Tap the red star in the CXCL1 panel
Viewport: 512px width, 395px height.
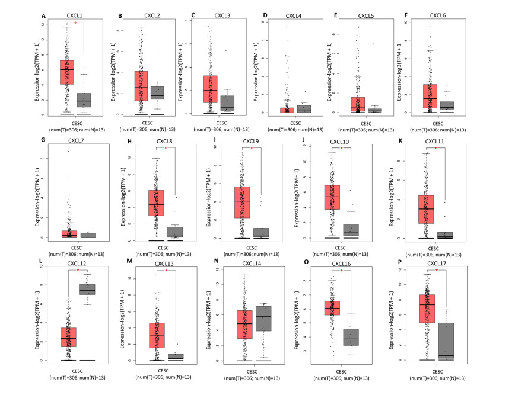pyautogui.click(x=75, y=24)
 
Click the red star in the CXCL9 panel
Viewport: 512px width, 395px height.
pyautogui.click(x=251, y=148)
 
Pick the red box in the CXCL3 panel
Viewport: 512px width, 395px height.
pyautogui.click(x=210, y=89)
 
